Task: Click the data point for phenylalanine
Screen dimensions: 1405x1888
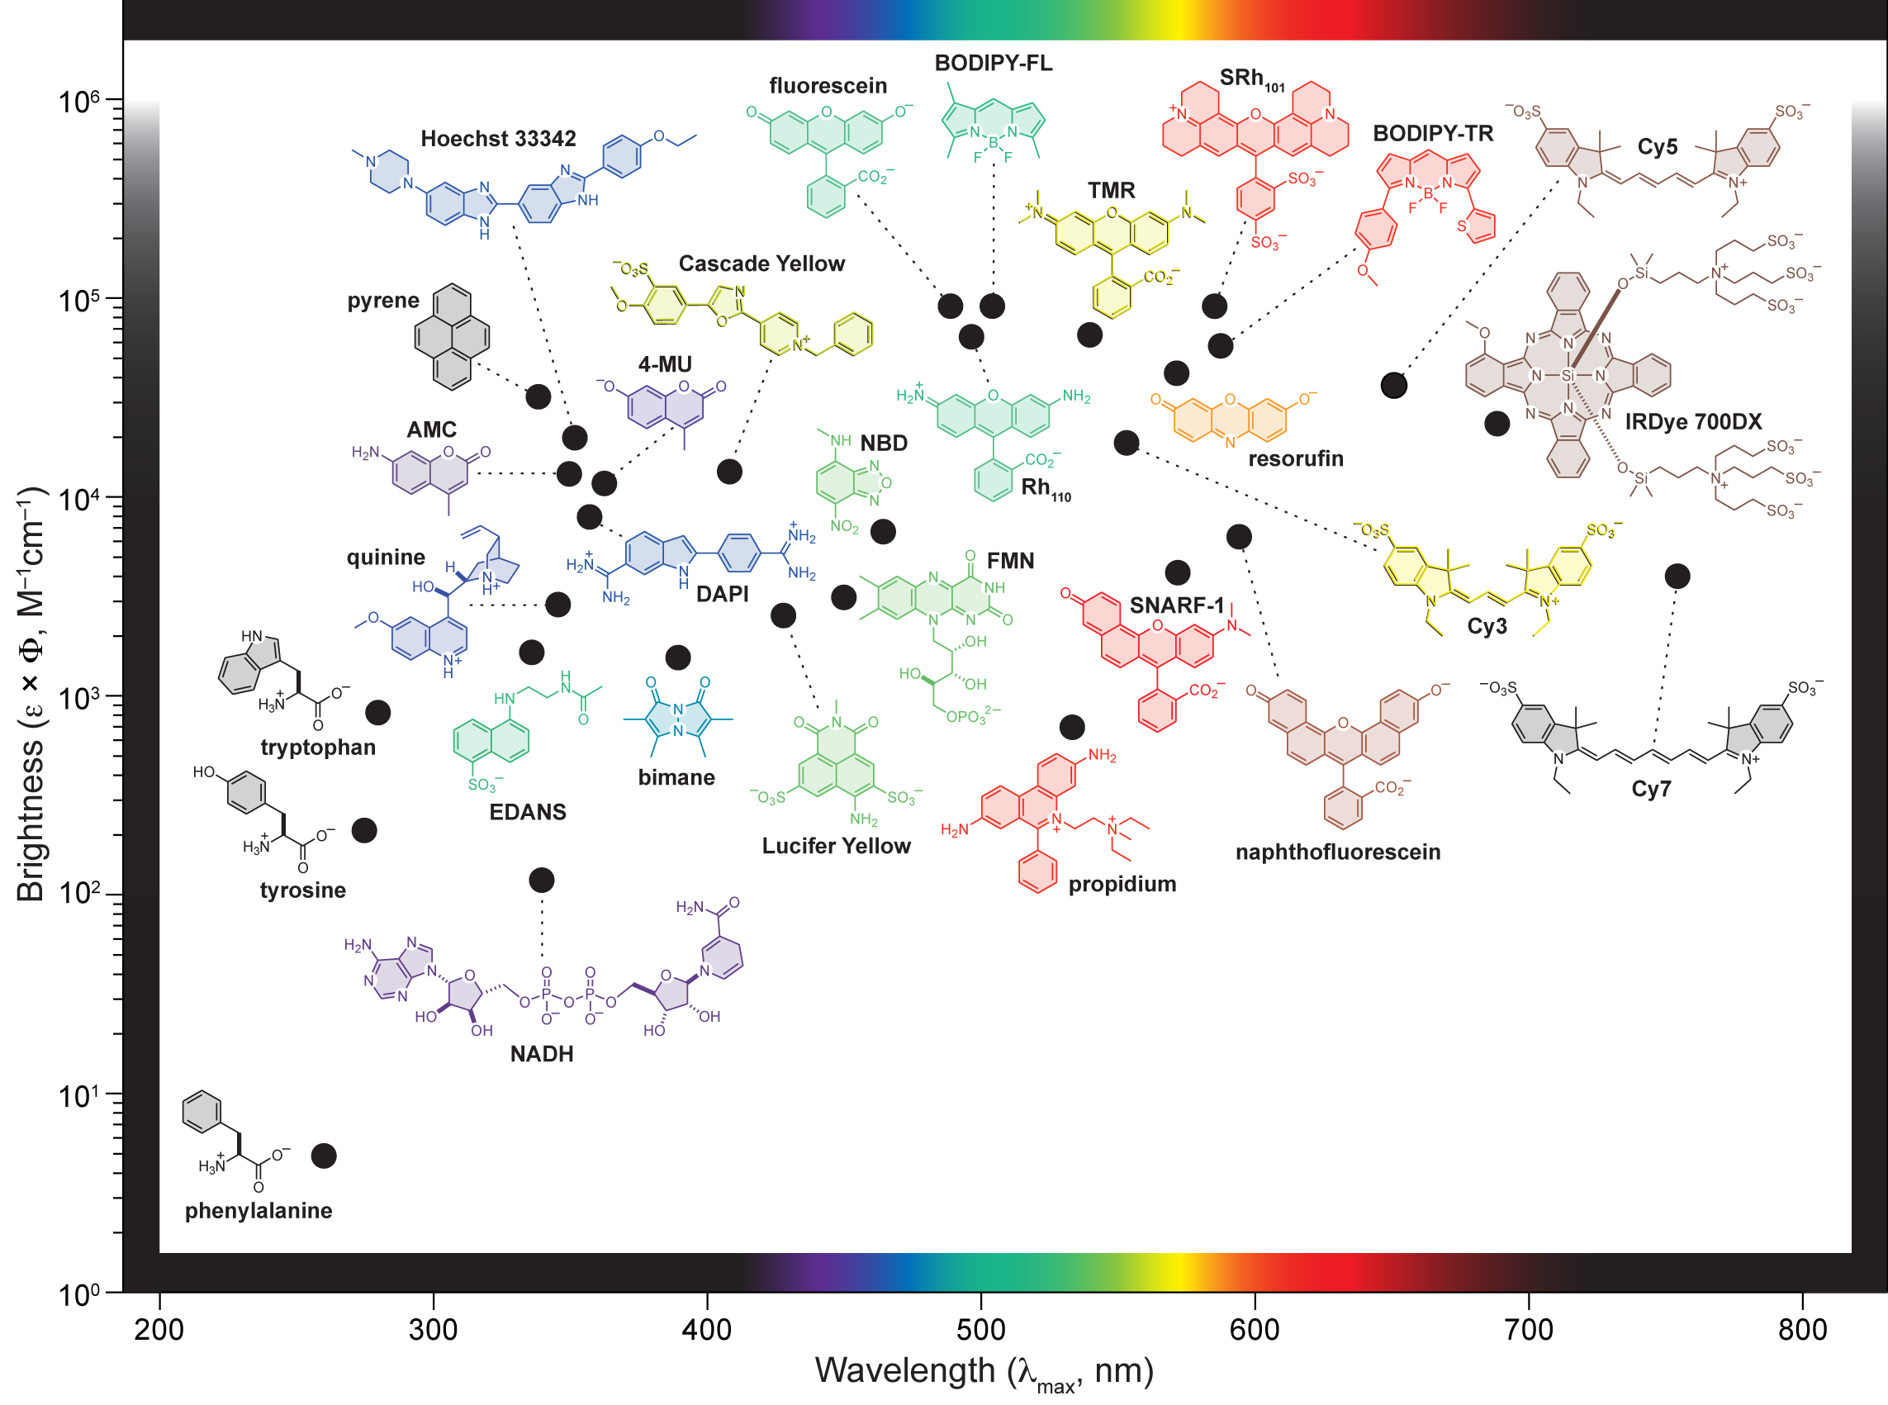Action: click(324, 1156)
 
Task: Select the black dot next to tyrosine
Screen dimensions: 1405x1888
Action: click(364, 830)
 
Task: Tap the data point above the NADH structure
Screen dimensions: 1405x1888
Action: click(542, 880)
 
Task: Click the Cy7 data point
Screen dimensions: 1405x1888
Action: click(1677, 577)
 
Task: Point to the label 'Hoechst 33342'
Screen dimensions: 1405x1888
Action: click(498, 139)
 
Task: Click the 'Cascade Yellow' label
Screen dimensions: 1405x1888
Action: click(761, 263)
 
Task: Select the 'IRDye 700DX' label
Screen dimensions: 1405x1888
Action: click(1693, 422)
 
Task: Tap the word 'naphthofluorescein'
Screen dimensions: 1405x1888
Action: click(1338, 852)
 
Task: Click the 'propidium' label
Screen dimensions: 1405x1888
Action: click(1122, 885)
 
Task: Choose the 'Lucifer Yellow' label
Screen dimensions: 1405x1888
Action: click(836, 847)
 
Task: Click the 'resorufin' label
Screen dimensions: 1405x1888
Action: click(1295, 459)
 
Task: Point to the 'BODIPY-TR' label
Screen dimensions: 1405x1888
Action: click(1433, 134)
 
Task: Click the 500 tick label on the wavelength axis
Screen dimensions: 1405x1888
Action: click(980, 1330)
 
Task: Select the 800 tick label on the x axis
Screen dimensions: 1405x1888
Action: click(1802, 1330)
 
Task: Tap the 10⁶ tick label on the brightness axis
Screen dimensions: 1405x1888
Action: click(79, 102)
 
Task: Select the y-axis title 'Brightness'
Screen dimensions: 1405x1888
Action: click(31, 821)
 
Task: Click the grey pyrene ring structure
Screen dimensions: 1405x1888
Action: click(452, 337)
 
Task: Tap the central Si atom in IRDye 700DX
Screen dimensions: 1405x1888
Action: click(1568, 375)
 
